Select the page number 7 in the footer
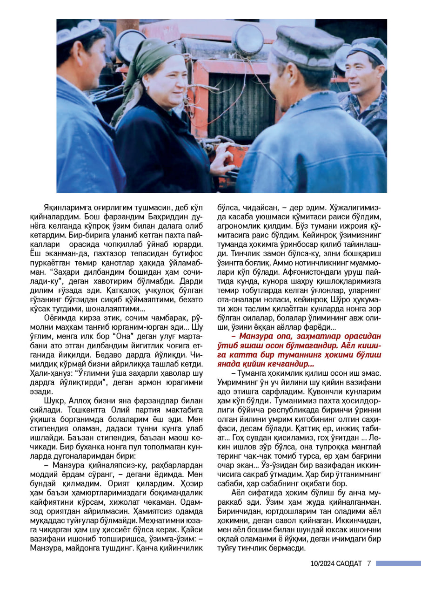[x=368, y=563]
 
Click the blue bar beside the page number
[x=398, y=563]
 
